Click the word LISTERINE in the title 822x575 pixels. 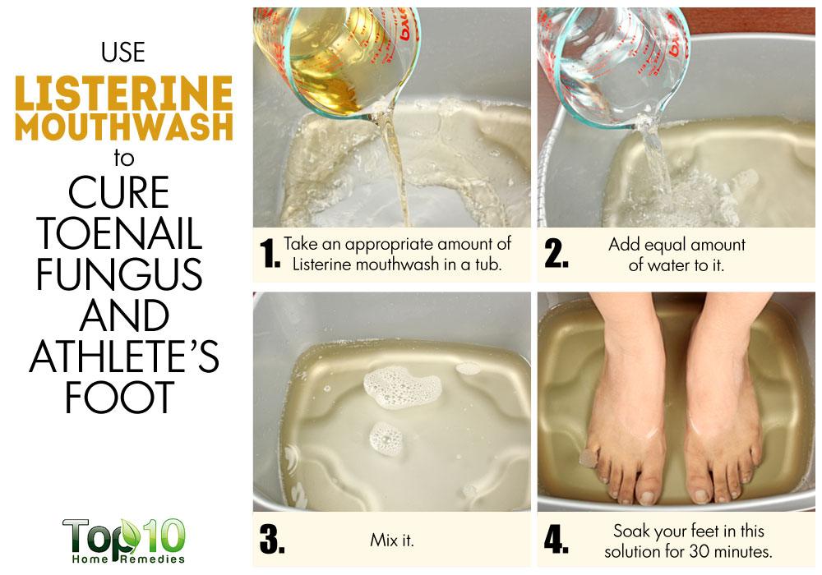click(x=123, y=93)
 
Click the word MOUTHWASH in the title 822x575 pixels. click(x=124, y=127)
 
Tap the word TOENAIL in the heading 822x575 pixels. click(x=119, y=233)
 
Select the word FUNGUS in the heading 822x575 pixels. click(x=119, y=274)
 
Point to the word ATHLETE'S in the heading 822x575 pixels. click(x=124, y=356)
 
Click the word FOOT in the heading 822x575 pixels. click(x=119, y=397)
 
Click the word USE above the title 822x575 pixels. click(x=123, y=53)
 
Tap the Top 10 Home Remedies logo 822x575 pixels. click(x=124, y=541)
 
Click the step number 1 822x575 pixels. click(x=270, y=254)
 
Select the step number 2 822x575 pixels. click(x=556, y=254)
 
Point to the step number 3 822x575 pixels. click(x=272, y=540)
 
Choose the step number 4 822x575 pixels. click(x=556, y=540)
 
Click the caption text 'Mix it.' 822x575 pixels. click(x=392, y=540)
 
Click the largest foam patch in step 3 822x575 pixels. click(x=402, y=387)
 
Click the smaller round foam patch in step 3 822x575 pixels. click(x=387, y=439)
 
